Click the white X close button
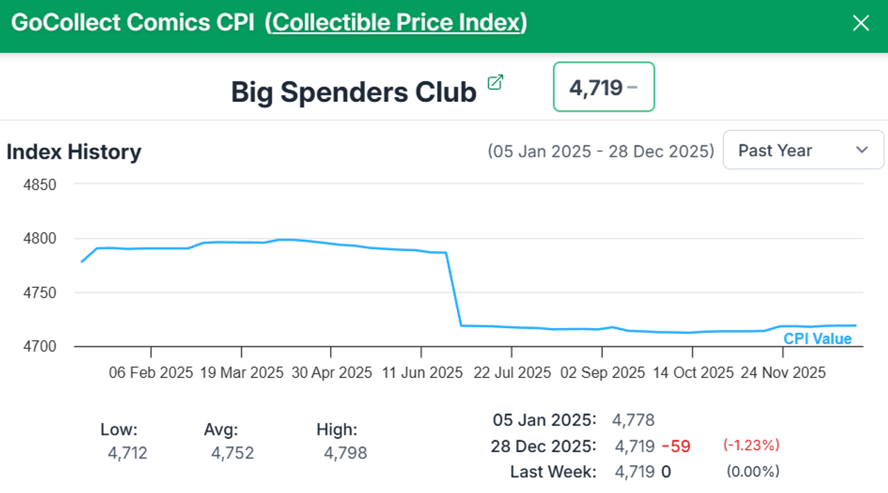pos(860,24)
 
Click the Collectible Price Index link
pos(396,23)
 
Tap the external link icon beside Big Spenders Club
pos(495,83)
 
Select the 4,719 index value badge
pos(604,87)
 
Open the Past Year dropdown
pos(803,150)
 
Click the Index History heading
pos(74,152)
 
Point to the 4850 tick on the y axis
pos(40,185)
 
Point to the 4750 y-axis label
pos(40,293)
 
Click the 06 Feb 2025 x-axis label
pos(151,372)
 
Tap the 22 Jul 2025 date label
pos(512,372)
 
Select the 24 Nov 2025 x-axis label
pos(783,372)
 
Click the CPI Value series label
pos(817,339)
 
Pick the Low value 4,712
pos(128,453)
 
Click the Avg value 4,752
pos(232,453)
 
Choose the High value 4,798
pos(345,453)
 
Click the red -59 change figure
pos(676,446)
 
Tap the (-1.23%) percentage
pos(751,445)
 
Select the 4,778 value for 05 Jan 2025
pos(633,420)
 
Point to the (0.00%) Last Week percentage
pos(753,472)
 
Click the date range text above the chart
pos(601,151)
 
